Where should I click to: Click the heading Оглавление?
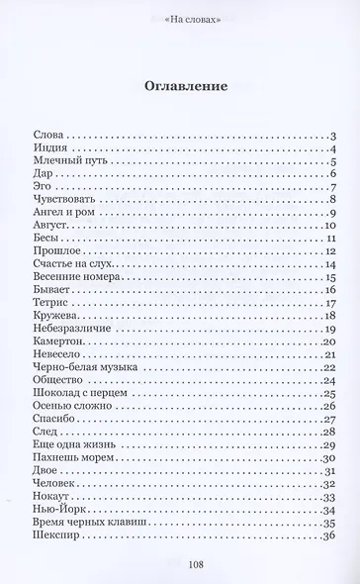pos(179,85)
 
